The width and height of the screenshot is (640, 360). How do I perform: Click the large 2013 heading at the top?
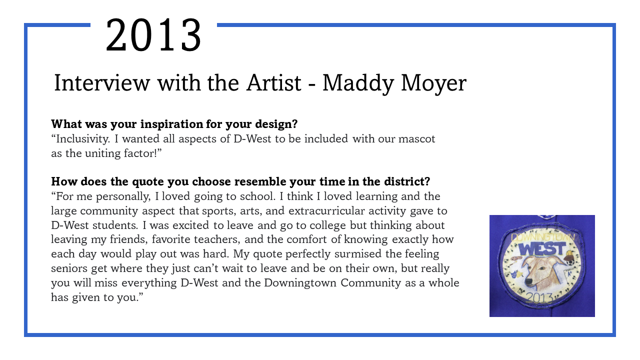(153, 35)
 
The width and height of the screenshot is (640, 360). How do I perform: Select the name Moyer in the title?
(433, 83)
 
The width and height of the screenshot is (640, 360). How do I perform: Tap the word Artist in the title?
(273, 83)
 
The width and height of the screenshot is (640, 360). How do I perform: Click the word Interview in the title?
(101, 83)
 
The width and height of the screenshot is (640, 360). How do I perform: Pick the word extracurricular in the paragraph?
(326, 211)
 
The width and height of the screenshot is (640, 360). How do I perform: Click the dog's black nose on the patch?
(528, 281)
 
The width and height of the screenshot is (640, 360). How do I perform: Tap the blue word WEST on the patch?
(542, 249)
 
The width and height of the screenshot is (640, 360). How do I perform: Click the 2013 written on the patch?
(539, 298)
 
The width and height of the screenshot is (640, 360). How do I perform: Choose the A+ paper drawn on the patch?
(570, 273)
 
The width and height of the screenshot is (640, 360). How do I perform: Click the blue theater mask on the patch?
(513, 275)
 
